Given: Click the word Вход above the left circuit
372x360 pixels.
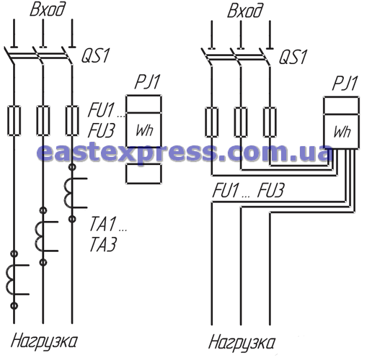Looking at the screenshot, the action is coord(48,10).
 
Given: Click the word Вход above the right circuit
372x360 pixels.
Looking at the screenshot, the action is coord(245,12).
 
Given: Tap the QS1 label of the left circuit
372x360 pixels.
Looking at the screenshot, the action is coord(95,55).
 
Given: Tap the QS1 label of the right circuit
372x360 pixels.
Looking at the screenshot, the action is coord(293,57).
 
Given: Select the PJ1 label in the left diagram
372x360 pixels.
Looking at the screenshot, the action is coord(147,82).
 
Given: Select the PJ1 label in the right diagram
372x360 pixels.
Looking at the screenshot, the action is coord(345,84).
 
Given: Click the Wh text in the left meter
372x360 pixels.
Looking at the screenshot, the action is coord(144,130).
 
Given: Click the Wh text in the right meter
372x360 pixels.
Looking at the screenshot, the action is coord(342,132).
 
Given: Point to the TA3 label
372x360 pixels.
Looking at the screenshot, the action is coord(103,244).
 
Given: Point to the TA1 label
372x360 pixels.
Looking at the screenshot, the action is coord(103,224).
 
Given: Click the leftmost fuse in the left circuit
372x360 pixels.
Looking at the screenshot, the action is coord(14,120).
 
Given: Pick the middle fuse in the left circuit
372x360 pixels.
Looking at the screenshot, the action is coord(43,120).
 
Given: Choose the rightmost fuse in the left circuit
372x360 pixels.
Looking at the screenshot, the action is coord(72,120).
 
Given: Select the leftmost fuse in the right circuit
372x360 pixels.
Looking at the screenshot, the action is coord(212,122).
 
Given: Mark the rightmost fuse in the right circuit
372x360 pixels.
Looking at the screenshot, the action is coord(270,122).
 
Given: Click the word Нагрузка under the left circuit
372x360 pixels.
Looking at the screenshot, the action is coord(44,341).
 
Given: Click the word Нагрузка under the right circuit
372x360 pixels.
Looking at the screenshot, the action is coord(242,343).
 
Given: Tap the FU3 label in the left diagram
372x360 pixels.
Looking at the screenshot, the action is coord(101,131).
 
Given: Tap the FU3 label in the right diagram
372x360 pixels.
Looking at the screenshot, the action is coord(270,191).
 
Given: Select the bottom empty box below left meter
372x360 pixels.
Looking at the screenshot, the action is coord(143,174).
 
